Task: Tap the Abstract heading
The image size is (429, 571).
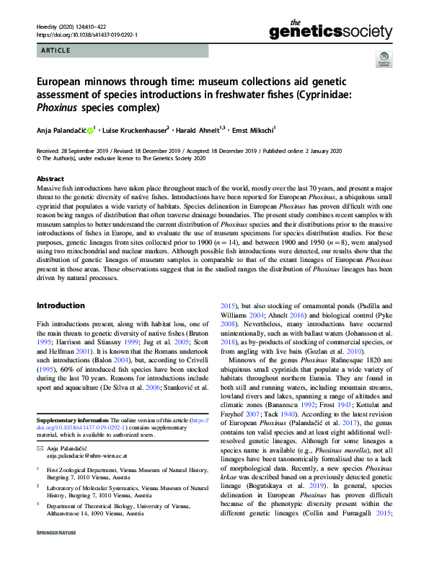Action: (x=50, y=178)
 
